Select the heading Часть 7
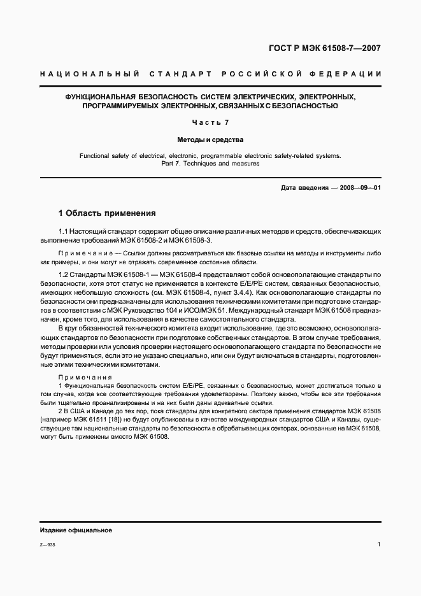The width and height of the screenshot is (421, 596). (x=210, y=122)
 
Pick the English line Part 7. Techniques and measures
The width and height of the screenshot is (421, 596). (x=210, y=164)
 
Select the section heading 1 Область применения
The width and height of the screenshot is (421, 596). (x=107, y=213)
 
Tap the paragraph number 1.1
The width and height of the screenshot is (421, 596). (x=63, y=233)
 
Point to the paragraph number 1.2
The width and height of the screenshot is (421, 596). (x=63, y=274)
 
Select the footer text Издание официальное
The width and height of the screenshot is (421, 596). (x=76, y=530)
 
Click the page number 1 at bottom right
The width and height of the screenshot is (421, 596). (x=379, y=544)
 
